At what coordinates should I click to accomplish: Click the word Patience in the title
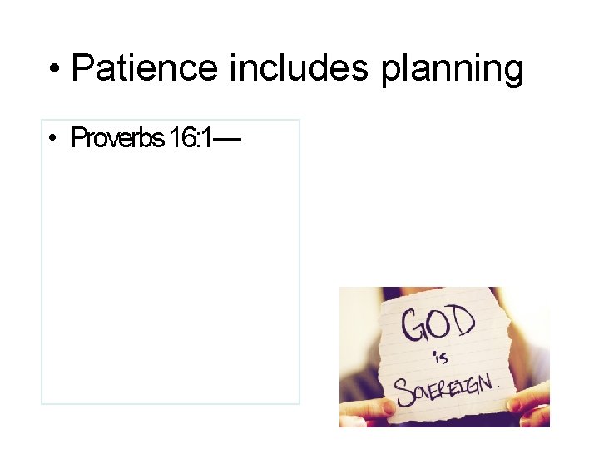point(146,67)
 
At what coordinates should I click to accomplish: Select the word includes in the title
point(301,67)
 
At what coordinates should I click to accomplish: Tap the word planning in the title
point(453,69)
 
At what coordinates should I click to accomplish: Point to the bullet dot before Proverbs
point(52,138)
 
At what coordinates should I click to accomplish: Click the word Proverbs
point(116,137)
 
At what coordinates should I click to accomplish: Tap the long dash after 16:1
point(226,138)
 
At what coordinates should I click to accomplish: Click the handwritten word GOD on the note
point(438,323)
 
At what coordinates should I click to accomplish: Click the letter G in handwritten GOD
point(413,327)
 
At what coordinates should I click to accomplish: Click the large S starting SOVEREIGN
point(403,390)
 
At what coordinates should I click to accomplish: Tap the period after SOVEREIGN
point(498,388)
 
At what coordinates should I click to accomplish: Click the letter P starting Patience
point(82,67)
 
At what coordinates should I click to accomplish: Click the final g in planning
point(512,72)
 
